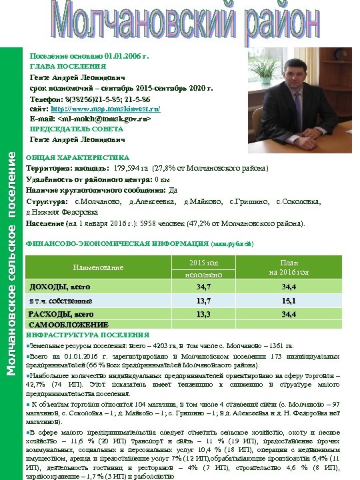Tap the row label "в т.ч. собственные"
coord(61,301)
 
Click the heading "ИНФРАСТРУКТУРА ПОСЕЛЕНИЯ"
coord(87,335)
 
